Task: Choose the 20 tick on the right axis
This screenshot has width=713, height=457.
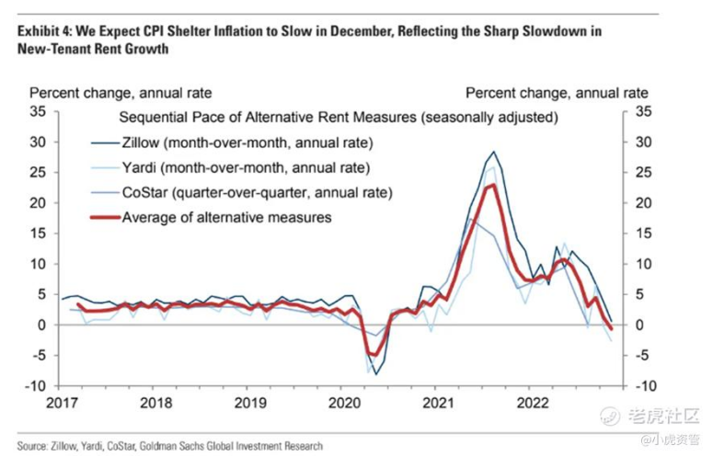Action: tap(643, 202)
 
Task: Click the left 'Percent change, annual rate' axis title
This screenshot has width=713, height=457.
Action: tap(121, 93)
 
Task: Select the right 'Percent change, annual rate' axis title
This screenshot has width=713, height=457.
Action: tap(557, 93)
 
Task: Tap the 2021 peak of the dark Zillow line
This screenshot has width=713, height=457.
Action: tap(494, 152)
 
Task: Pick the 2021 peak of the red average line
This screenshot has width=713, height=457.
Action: tap(494, 186)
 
